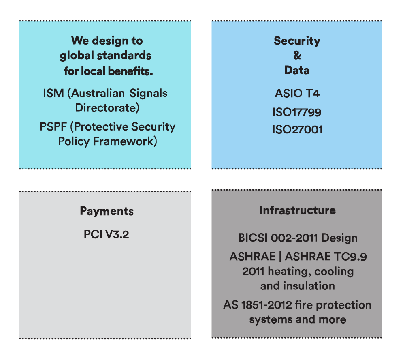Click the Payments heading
click(x=107, y=212)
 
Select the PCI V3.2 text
click(x=106, y=234)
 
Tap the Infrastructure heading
click(x=298, y=210)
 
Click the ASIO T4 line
click(x=297, y=93)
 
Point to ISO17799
click(x=297, y=112)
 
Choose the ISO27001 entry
click(x=297, y=130)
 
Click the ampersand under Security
click(x=297, y=56)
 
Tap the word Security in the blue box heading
click(x=297, y=41)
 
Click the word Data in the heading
click(x=297, y=70)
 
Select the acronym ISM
click(x=53, y=93)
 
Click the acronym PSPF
click(x=53, y=127)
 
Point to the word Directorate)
click(x=107, y=108)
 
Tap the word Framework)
click(x=125, y=141)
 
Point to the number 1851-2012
click(x=266, y=305)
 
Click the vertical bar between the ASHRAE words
click(x=280, y=257)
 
